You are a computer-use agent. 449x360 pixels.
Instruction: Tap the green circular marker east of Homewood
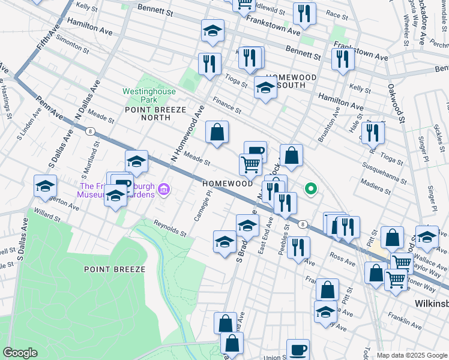310,189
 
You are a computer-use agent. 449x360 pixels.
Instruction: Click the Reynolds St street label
173,228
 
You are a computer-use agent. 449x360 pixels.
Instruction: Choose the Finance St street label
226,106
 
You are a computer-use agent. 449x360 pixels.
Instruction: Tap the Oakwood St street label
393,100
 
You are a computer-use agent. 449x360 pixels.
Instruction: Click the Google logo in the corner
20,353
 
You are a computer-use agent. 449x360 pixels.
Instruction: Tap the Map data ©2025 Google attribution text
411,355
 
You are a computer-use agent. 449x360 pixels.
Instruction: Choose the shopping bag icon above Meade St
217,132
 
